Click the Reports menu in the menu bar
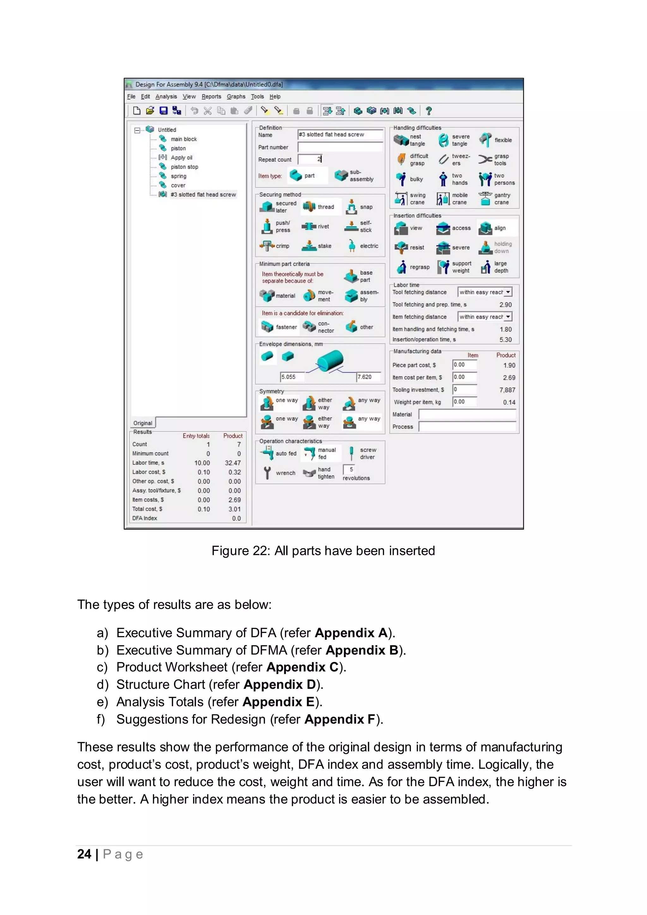point(211,96)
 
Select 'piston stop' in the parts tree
point(184,167)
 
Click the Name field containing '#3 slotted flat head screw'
point(340,135)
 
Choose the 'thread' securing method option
point(319,207)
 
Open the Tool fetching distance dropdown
point(508,292)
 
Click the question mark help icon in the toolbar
point(429,111)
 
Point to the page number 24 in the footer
point(84,854)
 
